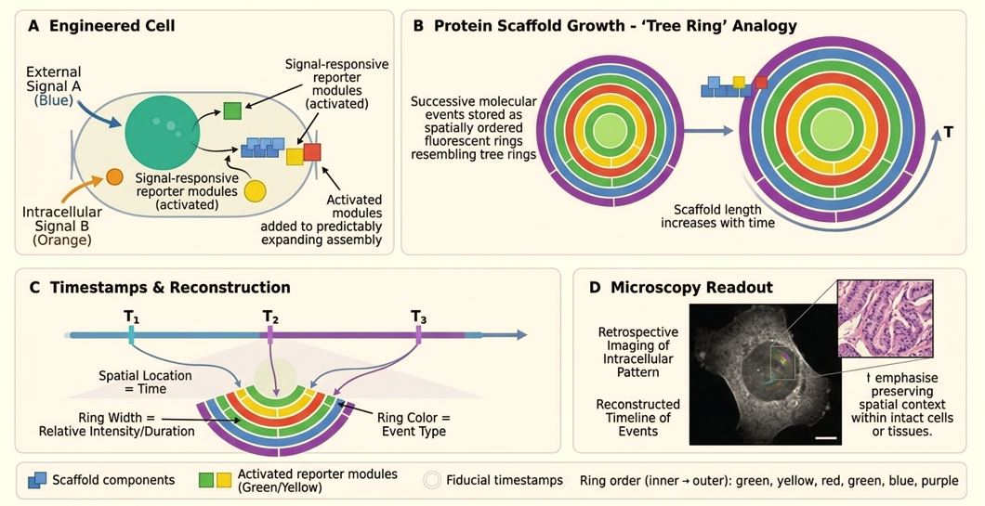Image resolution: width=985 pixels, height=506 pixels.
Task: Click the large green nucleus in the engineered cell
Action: pos(161,130)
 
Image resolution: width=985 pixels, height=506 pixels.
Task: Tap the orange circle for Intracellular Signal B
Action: pos(115,176)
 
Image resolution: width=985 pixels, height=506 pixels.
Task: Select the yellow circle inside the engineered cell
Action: pos(255,191)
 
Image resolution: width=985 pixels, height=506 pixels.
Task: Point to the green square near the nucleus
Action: pos(233,112)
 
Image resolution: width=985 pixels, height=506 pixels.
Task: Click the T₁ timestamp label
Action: pos(132,317)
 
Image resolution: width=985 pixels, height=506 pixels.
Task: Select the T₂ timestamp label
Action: pos(270,317)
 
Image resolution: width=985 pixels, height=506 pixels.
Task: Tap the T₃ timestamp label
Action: pos(419,317)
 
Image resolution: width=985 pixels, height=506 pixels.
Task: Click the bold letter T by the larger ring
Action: pos(949,133)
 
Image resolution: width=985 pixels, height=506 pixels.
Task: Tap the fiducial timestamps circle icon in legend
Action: pos(432,480)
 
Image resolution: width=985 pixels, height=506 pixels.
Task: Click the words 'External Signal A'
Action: pos(53,81)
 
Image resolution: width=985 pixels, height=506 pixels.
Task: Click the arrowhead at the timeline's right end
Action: pos(521,335)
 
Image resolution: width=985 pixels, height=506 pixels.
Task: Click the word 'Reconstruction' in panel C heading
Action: pos(223,288)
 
